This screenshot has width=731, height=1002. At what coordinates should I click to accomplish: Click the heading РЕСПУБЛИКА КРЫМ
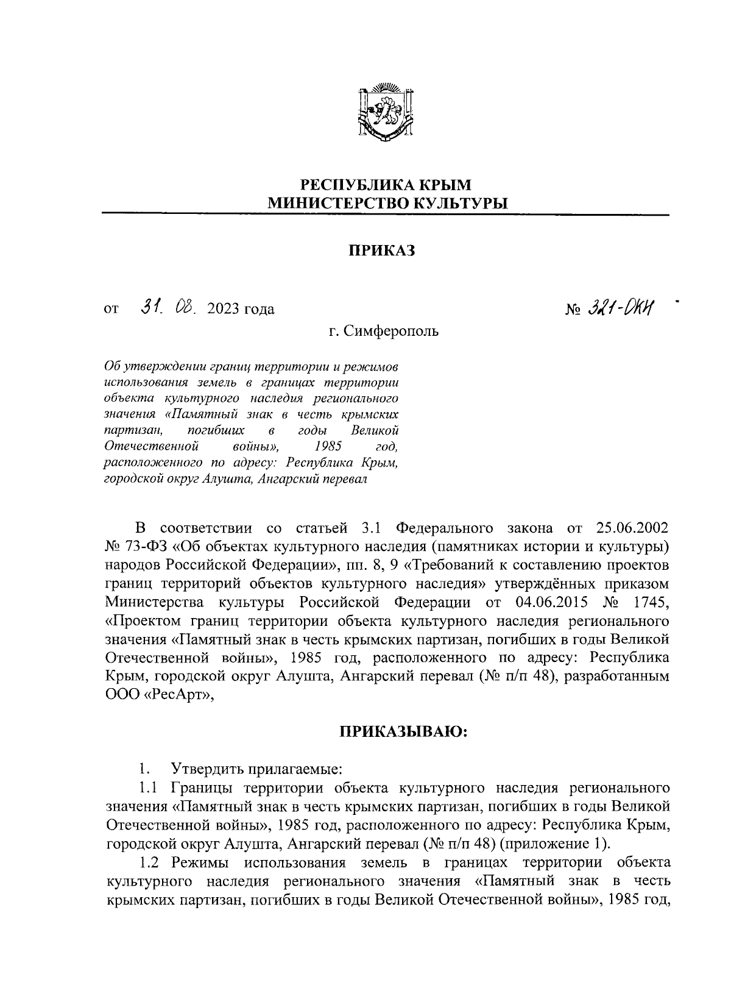pyautogui.click(x=387, y=184)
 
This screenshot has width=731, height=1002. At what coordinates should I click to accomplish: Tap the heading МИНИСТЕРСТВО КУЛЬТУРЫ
pyautogui.click(x=387, y=203)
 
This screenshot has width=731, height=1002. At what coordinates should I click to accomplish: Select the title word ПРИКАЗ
pyautogui.click(x=381, y=250)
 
